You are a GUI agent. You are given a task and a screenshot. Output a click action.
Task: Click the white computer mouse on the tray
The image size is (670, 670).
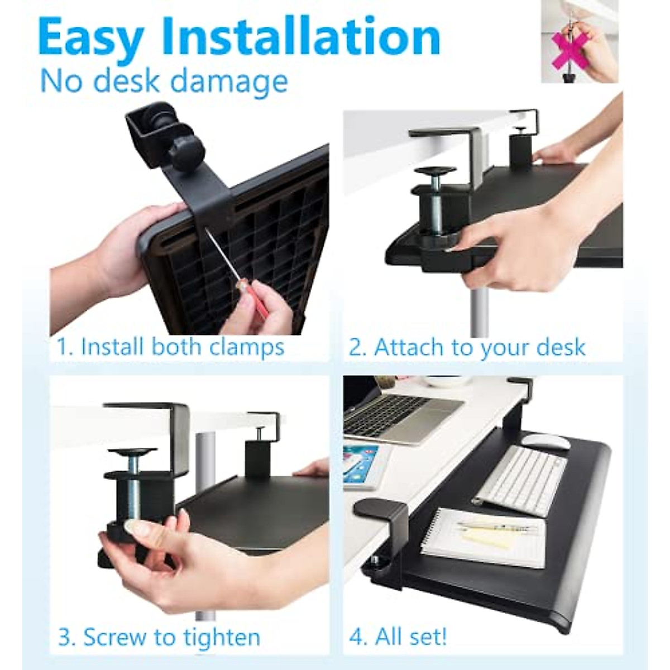547,443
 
